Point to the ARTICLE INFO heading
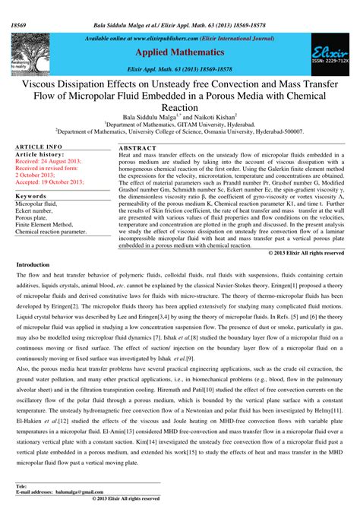point(39,145)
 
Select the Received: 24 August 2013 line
point(48,161)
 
